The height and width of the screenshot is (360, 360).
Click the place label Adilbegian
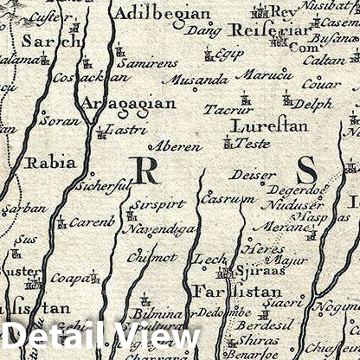[x=163, y=14]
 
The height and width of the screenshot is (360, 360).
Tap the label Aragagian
[x=127, y=104]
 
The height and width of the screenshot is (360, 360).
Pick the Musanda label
[x=201, y=80]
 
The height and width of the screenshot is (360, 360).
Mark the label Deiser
[x=254, y=175]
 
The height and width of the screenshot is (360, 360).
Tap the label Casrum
[x=215, y=199]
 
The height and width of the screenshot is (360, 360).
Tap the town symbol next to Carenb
[x=61, y=224]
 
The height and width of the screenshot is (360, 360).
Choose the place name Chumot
[x=151, y=258]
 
